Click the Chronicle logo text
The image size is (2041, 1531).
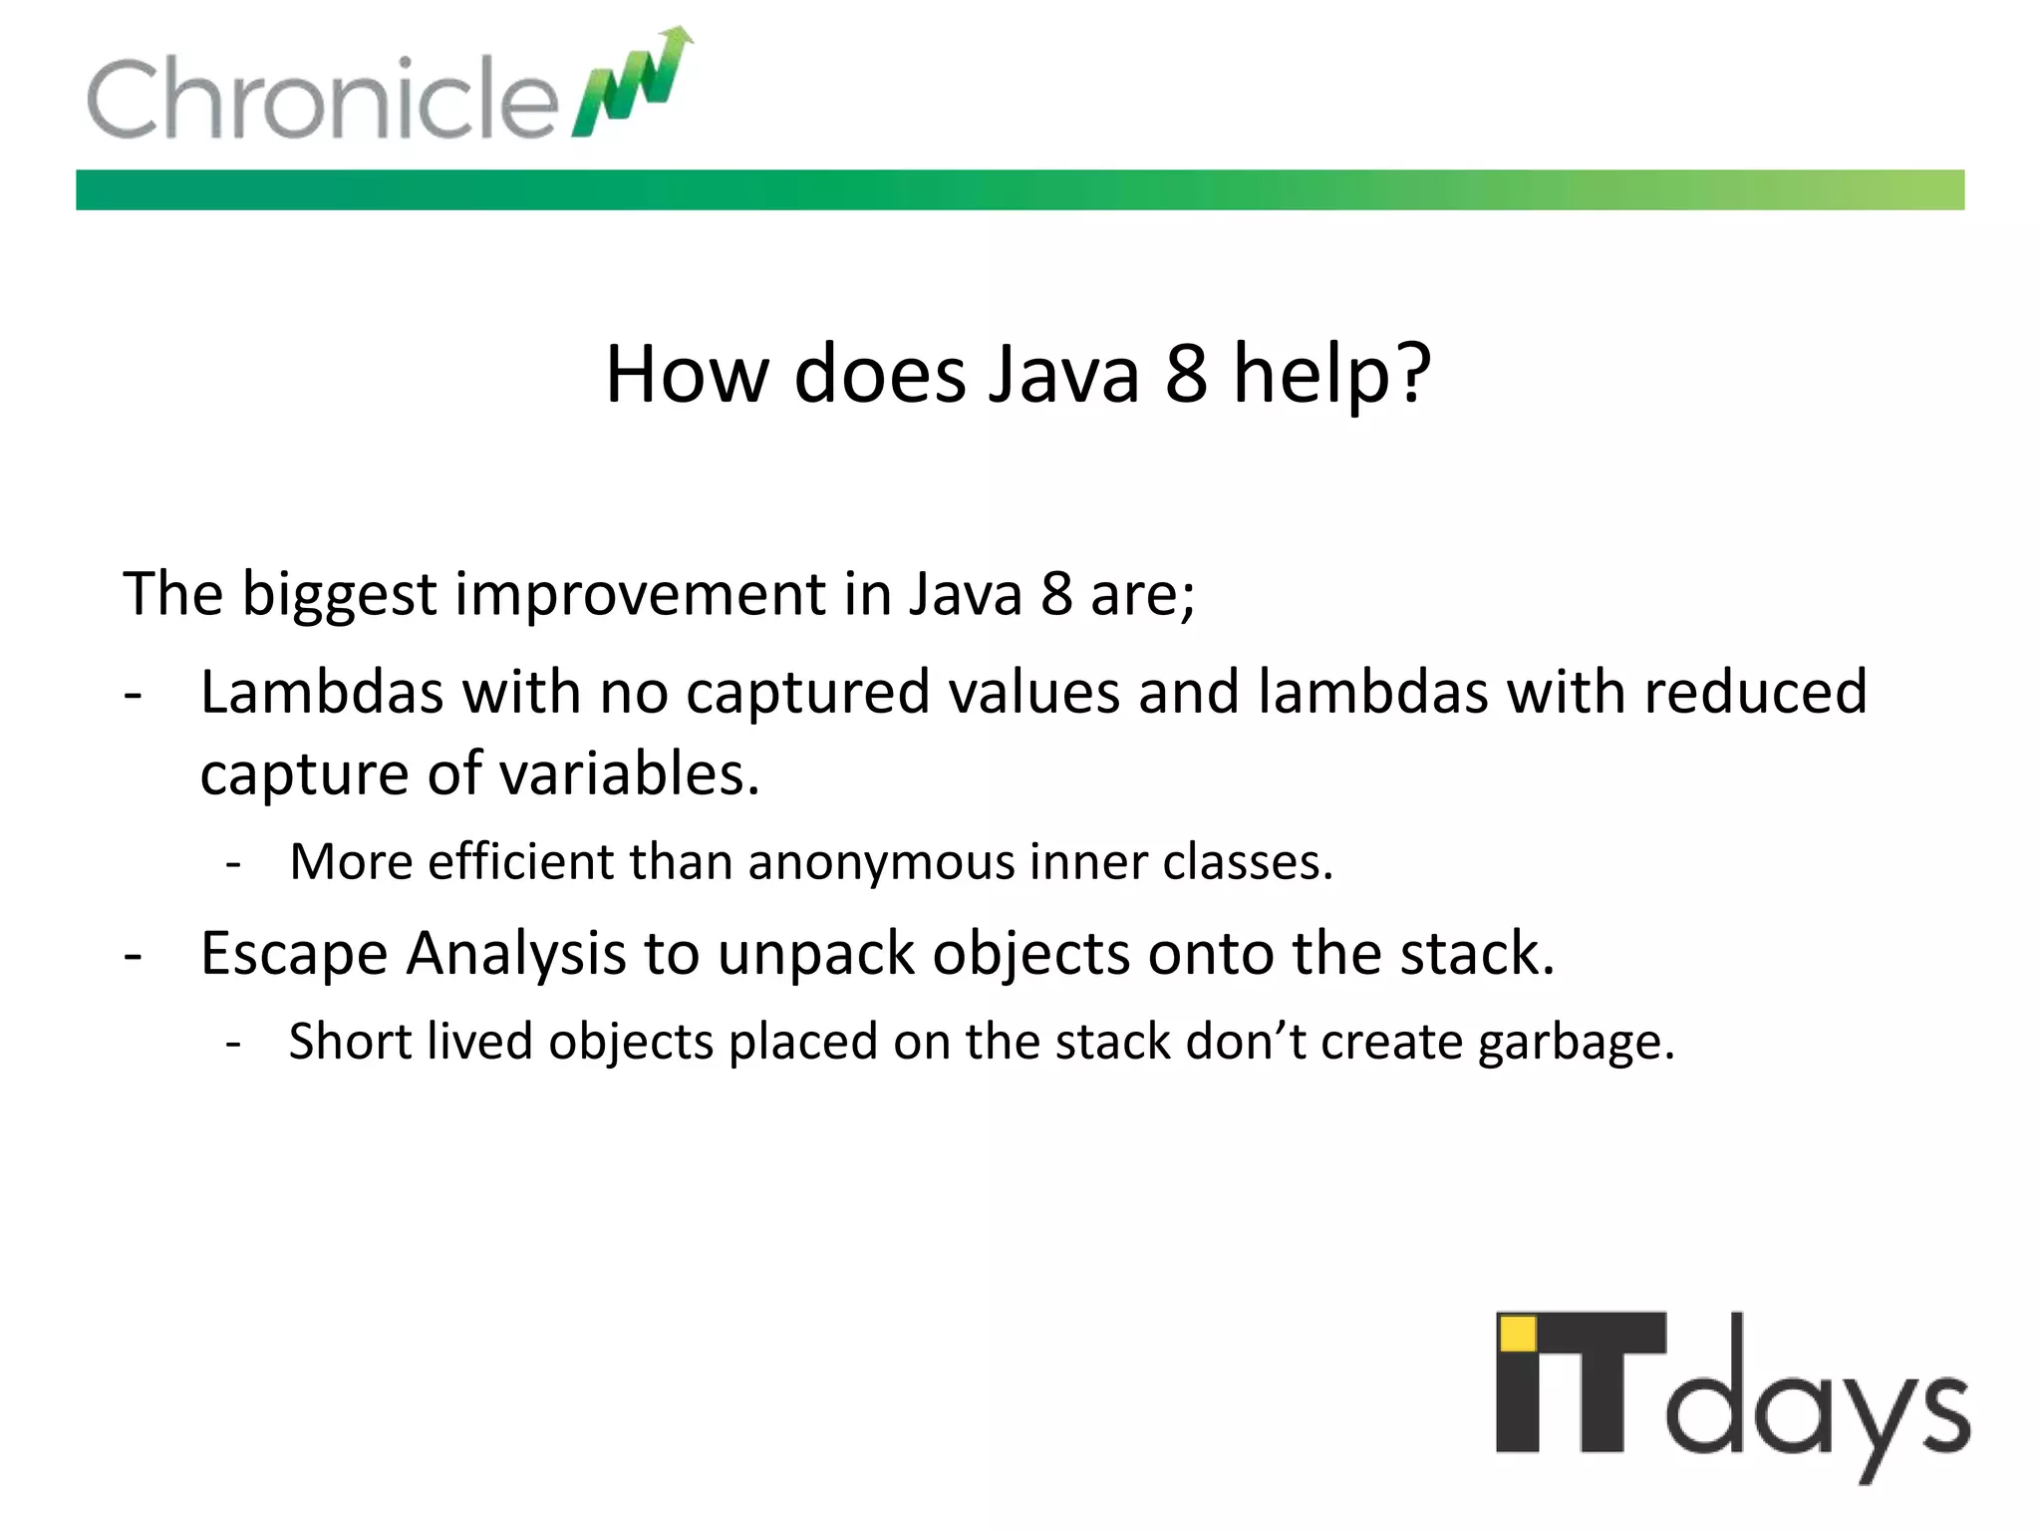[321, 98]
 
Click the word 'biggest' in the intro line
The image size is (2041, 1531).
[339, 596]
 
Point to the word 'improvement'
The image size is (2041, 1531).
[640, 594]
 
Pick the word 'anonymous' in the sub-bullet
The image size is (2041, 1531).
[880, 863]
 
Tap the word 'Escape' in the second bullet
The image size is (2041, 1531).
[294, 955]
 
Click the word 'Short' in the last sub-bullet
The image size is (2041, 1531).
[349, 1042]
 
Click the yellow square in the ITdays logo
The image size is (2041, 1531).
[1518, 1333]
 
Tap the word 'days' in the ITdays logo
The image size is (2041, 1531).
[1818, 1405]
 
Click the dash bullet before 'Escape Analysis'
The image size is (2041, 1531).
[134, 955]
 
